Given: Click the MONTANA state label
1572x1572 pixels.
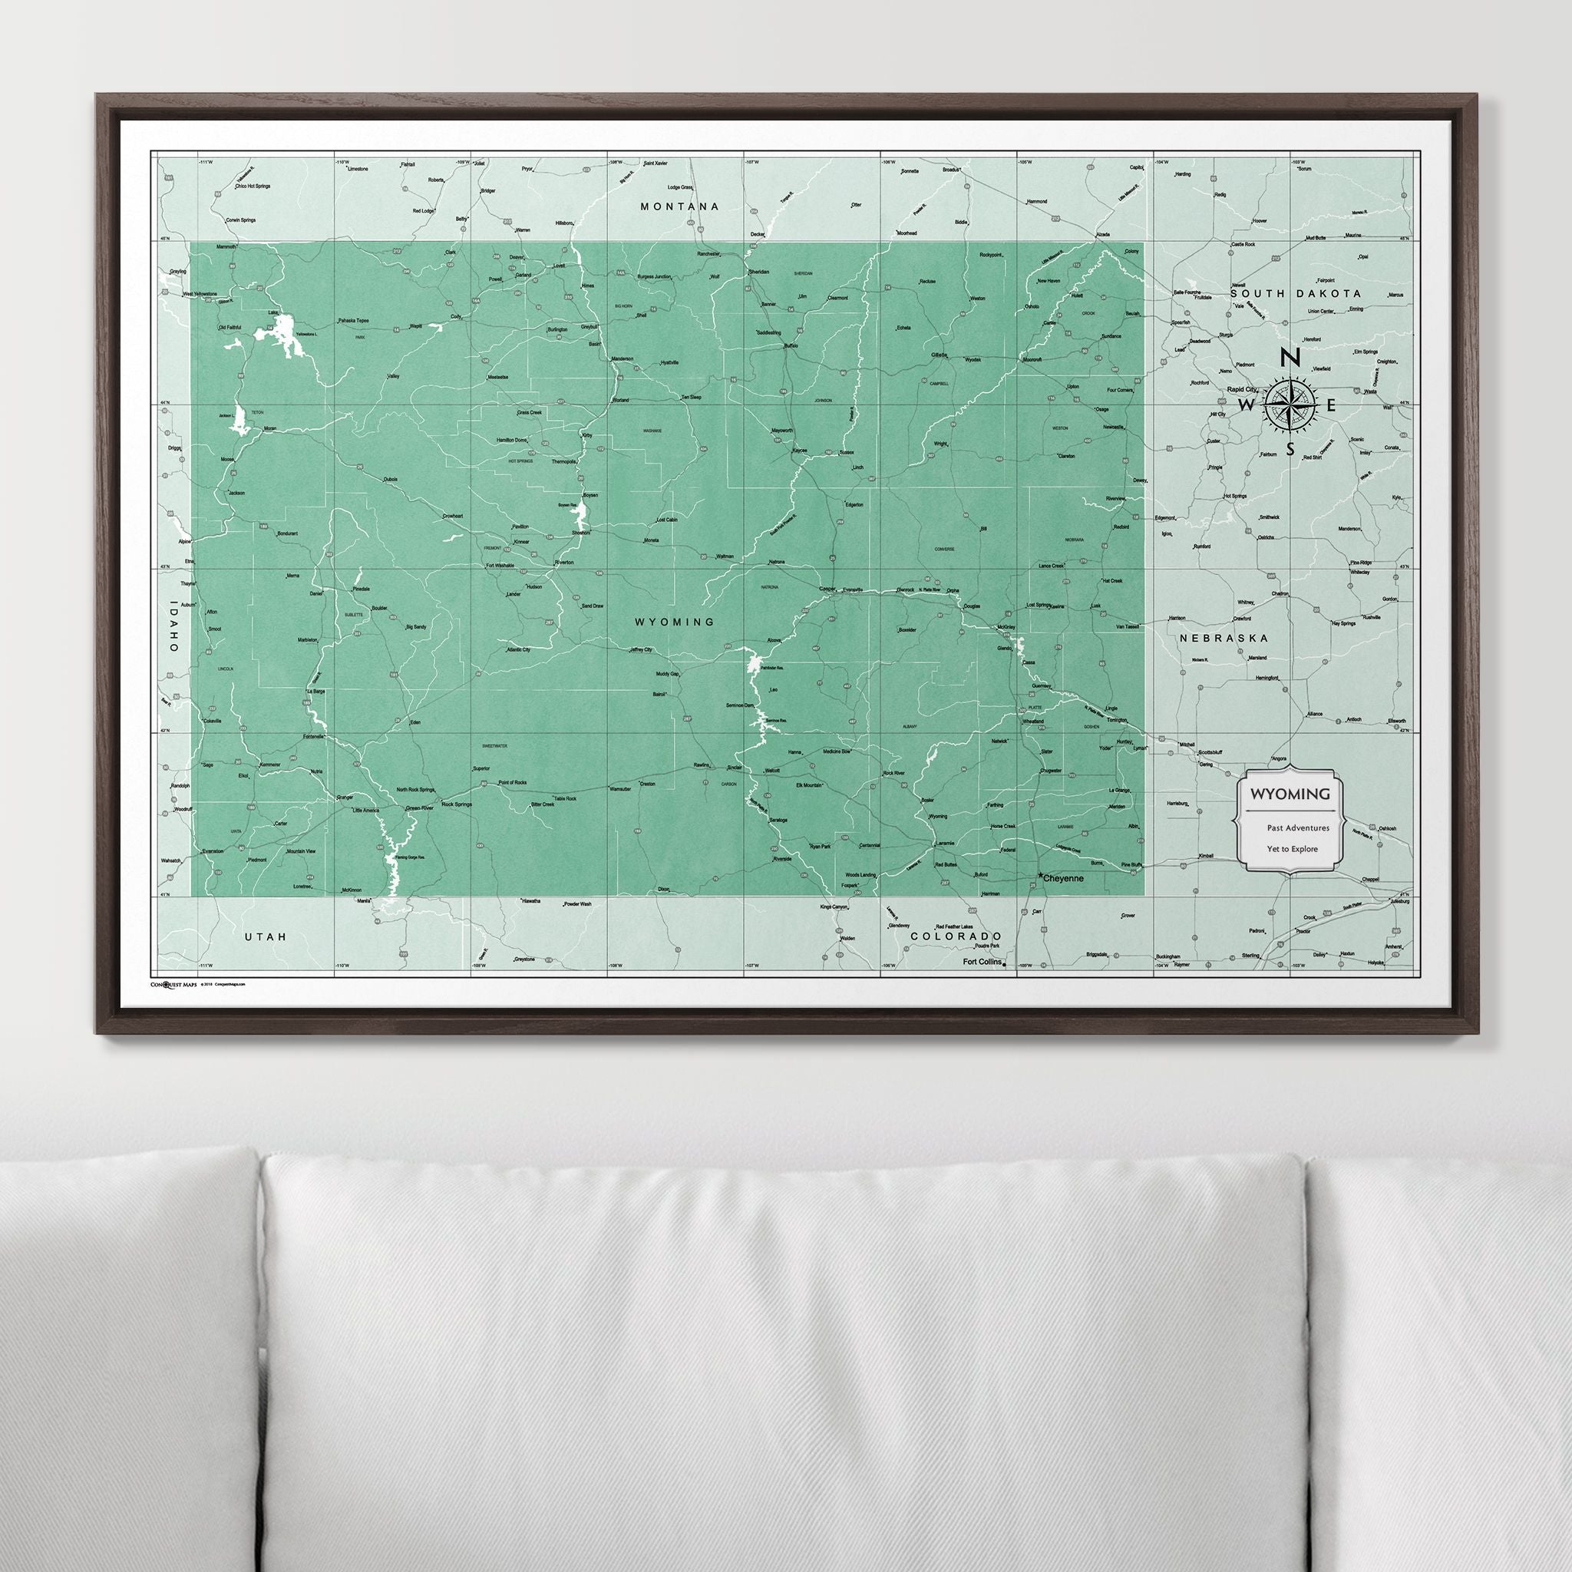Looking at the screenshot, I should coord(680,206).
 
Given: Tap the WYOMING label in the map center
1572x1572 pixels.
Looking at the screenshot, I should coord(675,622).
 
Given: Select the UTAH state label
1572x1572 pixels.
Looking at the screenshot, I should coord(266,936).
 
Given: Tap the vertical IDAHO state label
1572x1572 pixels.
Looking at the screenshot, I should coord(173,626).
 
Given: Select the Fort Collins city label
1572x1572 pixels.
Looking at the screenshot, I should coord(981,962).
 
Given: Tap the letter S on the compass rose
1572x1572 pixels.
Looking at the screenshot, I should coord(1290,449).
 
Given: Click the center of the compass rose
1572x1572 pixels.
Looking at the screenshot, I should coord(1290,404).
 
